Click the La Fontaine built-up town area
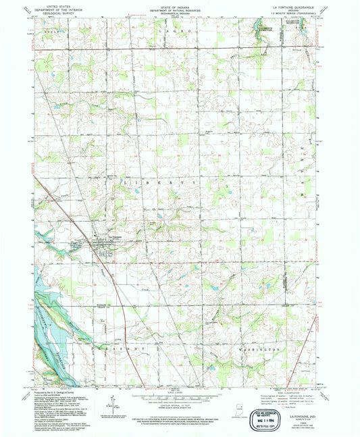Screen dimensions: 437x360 coord(102,246)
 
